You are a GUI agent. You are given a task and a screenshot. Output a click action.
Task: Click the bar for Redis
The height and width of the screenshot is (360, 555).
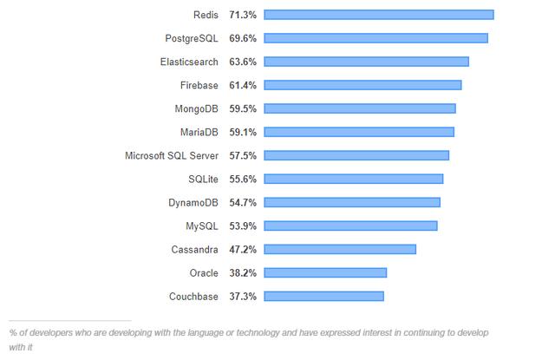click(x=378, y=15)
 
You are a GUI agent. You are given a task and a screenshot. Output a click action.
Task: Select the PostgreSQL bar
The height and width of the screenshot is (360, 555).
click(x=375, y=38)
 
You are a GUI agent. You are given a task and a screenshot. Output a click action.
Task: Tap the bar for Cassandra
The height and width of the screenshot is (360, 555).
click(x=339, y=249)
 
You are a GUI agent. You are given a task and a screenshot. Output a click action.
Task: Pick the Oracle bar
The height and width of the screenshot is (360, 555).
click(x=324, y=272)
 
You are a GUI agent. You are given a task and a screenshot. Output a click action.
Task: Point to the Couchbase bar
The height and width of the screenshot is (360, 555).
click(x=323, y=296)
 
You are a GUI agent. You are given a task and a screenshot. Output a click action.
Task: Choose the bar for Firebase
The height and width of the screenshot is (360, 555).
click(x=362, y=85)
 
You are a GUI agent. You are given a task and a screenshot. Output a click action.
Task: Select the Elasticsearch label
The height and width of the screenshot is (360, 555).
click(x=189, y=62)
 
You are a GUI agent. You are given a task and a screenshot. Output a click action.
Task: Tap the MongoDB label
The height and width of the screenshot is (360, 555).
click(x=196, y=108)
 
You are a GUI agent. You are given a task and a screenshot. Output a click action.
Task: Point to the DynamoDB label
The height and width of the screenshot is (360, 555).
click(x=193, y=202)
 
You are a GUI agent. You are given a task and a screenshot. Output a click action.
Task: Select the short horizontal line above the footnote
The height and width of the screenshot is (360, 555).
click(x=69, y=320)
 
